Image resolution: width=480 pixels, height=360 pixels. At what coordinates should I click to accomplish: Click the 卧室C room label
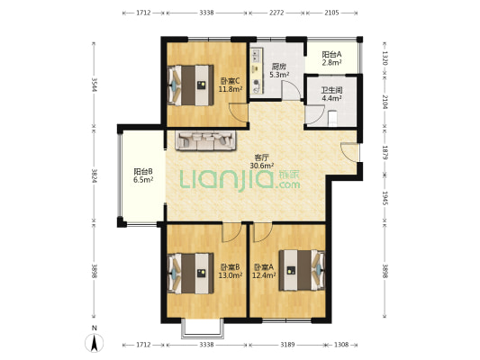click(231, 81)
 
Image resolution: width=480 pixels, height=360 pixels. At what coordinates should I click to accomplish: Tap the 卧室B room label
click(231, 266)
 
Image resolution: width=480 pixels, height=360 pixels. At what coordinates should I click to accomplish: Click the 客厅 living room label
click(262, 157)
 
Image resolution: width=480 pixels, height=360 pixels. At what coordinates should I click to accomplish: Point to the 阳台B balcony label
click(143, 172)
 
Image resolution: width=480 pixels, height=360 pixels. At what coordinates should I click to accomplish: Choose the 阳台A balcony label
click(331, 55)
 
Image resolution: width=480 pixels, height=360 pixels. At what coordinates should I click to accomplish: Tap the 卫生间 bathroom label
click(331, 90)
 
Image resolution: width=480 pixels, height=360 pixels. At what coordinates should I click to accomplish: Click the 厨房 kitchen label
click(279, 67)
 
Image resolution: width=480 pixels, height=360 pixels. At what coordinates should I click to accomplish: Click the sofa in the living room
click(206, 140)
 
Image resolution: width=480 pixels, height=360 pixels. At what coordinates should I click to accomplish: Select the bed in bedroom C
click(191, 85)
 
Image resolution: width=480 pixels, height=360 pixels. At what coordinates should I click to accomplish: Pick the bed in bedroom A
click(301, 270)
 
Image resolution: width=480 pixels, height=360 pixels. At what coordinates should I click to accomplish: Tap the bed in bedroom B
click(191, 273)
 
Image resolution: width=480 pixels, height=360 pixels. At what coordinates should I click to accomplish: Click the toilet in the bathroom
click(331, 118)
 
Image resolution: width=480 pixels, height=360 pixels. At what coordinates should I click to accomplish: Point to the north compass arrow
click(95, 343)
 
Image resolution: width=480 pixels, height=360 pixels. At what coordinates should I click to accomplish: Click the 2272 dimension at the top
click(276, 13)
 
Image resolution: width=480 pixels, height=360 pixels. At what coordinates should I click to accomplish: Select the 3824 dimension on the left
click(95, 176)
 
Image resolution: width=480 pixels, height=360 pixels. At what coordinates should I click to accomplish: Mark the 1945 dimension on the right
click(385, 198)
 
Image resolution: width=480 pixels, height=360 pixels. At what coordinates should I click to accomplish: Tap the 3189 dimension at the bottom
click(287, 345)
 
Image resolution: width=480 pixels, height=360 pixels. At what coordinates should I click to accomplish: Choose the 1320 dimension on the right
click(385, 58)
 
